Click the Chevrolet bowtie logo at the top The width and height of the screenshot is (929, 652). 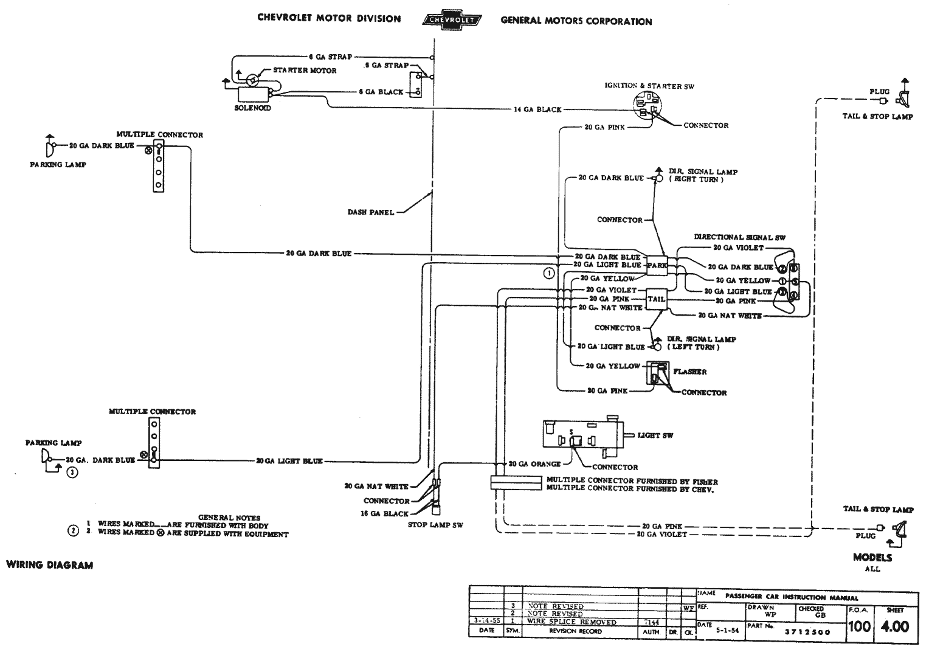coord(451,19)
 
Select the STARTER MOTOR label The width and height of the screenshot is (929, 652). coord(304,71)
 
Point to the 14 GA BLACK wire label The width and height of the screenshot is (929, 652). coord(537,109)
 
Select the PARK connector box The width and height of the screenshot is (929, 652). coord(657,265)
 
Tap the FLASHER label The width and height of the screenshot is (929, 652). coord(689,372)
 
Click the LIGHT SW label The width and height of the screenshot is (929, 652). coord(655,435)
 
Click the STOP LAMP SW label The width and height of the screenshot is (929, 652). coord(435,525)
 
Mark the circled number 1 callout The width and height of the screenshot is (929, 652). coord(549,273)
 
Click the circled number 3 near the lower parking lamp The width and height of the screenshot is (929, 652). coord(72,472)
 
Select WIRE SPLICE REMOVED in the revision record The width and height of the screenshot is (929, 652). coord(572,622)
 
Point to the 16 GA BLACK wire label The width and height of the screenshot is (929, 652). coord(386,514)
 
